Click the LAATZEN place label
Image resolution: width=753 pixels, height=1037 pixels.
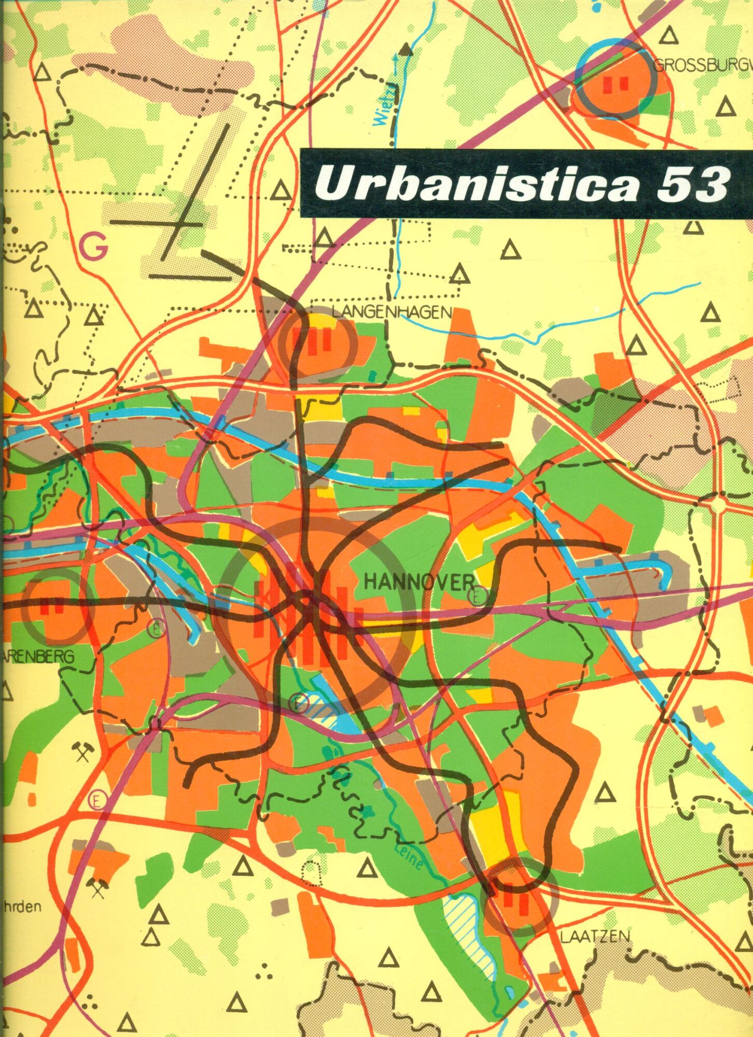595,936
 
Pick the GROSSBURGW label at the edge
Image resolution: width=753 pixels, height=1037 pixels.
702,66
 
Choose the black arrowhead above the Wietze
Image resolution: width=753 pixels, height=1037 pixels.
406,48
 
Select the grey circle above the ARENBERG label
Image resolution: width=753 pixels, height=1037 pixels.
57,610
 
